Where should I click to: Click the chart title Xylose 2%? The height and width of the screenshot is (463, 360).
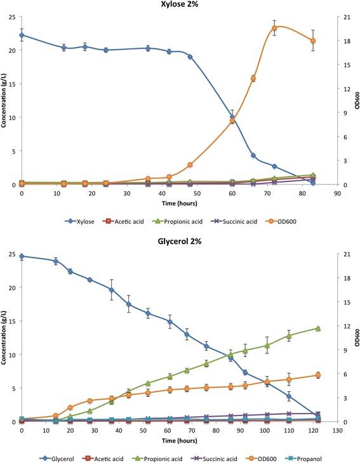(180, 6)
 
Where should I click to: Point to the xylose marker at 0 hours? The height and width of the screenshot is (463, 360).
(22, 36)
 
